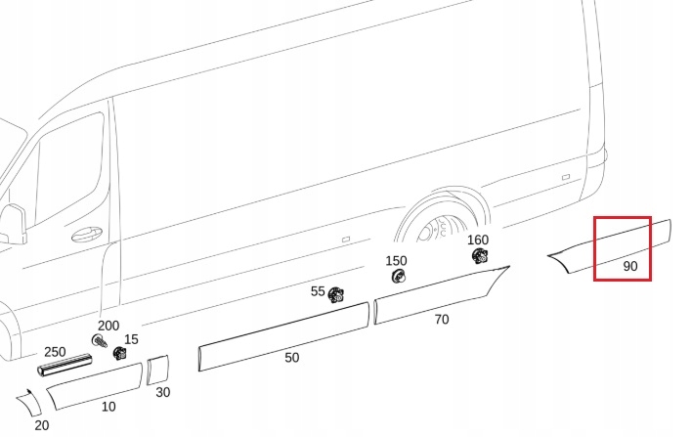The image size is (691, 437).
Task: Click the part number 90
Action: coord(629,266)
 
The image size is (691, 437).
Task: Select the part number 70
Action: coord(442,319)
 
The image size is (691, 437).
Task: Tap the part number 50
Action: coord(291,358)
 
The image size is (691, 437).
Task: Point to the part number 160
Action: coord(478,240)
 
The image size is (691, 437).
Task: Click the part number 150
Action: coord(396,260)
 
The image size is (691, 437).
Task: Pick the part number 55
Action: coord(318,291)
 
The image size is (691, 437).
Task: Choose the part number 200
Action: coord(108,326)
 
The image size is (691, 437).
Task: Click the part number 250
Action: coord(55,351)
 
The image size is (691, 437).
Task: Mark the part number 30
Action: coord(163,392)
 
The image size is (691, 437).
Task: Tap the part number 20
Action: coord(41,425)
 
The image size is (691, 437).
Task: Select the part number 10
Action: coord(108,406)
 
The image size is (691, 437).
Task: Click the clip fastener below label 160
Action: coord(480,256)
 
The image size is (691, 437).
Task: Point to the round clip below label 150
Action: coord(398,277)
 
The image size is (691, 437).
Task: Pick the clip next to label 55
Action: coord(337,295)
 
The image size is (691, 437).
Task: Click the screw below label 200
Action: coord(99,341)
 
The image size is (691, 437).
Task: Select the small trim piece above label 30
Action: coord(158,370)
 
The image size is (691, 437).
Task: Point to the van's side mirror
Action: coord(13,224)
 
